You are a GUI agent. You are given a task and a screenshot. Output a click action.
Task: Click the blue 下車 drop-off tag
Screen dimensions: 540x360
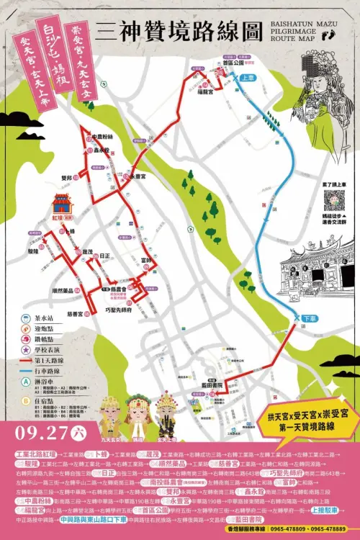(x=309, y=318)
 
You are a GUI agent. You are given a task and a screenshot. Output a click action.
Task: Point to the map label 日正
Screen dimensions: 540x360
(x=105, y=256)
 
